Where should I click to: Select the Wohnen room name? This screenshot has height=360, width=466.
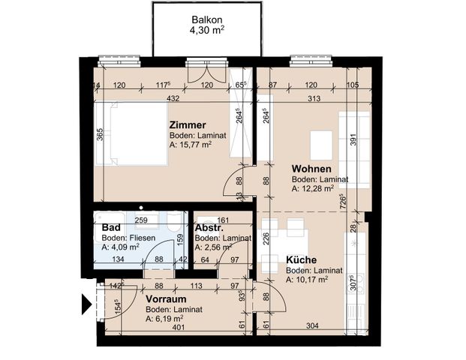pyautogui.click(x=312, y=169)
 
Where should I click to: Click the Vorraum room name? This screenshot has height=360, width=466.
pyautogui.click(x=165, y=298)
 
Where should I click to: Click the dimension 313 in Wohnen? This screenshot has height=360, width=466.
pyautogui.click(x=314, y=98)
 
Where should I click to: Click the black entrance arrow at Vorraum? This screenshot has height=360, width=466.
pyautogui.click(x=86, y=306)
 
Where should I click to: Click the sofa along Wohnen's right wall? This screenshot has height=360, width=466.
pyautogui.click(x=354, y=150)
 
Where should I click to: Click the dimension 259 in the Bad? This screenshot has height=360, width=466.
pyautogui.click(x=140, y=220)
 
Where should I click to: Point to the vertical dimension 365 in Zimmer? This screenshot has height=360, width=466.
pyautogui.click(x=100, y=135)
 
